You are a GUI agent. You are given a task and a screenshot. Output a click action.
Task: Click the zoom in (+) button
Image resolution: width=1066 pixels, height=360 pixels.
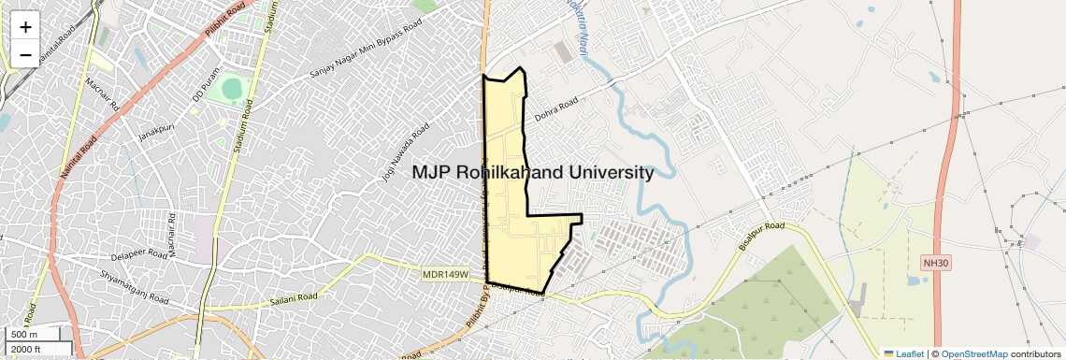[25, 27]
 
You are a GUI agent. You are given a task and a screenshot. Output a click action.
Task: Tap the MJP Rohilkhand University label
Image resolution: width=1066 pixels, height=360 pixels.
[533, 173]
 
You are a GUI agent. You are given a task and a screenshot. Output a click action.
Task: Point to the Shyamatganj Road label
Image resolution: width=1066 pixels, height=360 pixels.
[135, 287]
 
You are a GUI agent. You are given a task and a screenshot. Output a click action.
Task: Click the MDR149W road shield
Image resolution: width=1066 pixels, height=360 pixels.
[444, 273]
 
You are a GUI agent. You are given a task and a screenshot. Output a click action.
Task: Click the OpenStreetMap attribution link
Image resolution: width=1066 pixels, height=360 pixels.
[973, 353]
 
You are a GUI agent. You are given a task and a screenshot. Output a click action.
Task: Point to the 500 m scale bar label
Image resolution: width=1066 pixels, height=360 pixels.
[25, 335]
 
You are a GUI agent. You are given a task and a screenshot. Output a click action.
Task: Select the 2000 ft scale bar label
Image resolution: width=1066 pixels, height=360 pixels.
[28, 350]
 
